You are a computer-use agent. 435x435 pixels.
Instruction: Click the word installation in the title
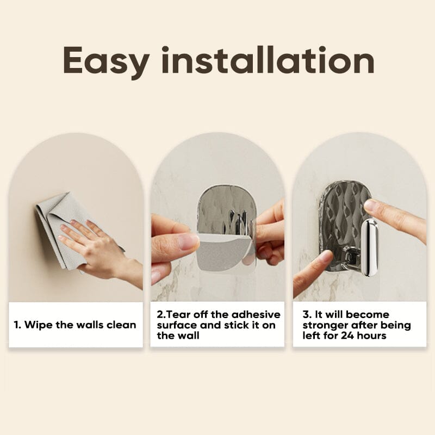(x=268, y=60)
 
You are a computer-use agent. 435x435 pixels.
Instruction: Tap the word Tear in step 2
(x=178, y=315)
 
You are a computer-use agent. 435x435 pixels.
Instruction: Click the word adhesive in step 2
(x=256, y=315)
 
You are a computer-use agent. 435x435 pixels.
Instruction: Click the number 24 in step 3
(x=347, y=335)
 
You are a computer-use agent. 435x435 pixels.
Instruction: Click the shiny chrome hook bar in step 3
(x=370, y=247)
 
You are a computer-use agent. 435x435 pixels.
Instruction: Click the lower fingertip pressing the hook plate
(x=327, y=257)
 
